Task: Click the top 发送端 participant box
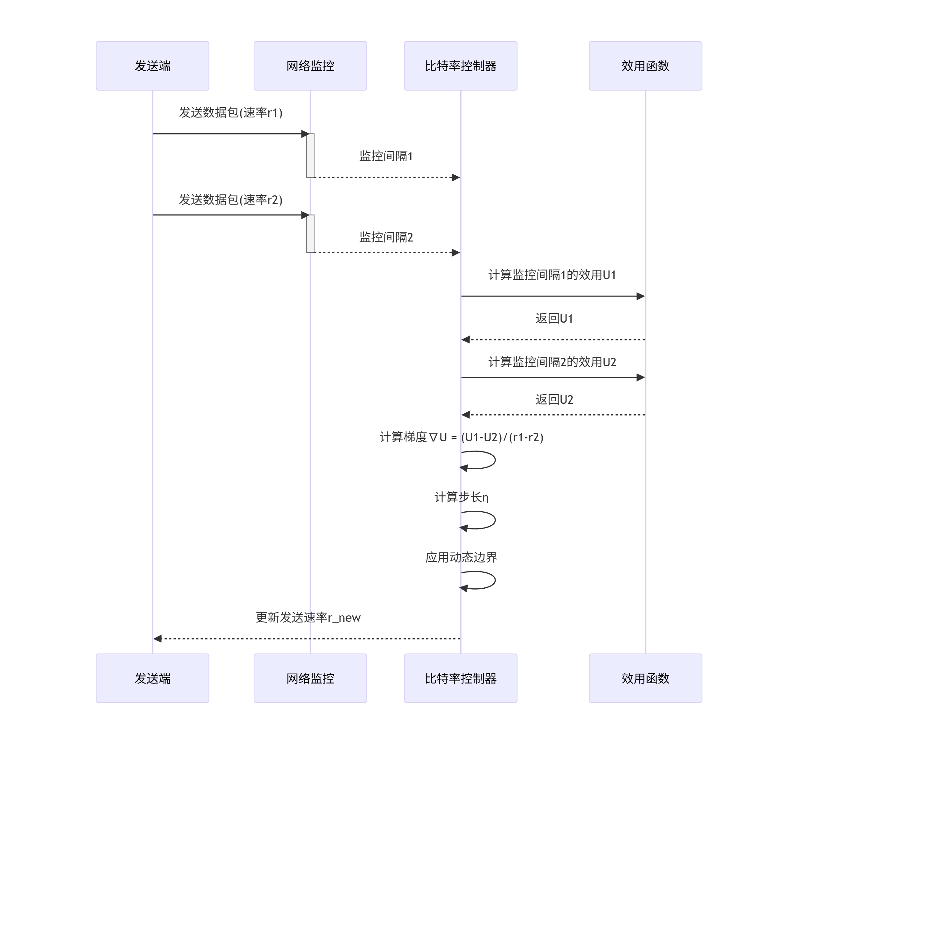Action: click(152, 66)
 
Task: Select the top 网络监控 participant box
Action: click(310, 66)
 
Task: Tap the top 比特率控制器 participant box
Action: click(460, 66)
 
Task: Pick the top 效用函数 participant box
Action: click(645, 66)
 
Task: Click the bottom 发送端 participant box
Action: click(152, 678)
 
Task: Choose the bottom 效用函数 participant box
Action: click(645, 678)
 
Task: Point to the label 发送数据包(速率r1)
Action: click(230, 113)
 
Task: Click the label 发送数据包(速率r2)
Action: click(230, 199)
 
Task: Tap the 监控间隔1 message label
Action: click(386, 156)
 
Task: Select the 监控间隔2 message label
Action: click(386, 237)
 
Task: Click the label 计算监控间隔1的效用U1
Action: click(552, 275)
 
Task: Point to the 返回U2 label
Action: click(554, 399)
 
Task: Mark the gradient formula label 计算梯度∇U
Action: click(461, 437)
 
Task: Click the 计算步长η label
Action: click(461, 497)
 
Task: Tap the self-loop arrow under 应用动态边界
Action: click(485, 580)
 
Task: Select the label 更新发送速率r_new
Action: click(308, 617)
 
